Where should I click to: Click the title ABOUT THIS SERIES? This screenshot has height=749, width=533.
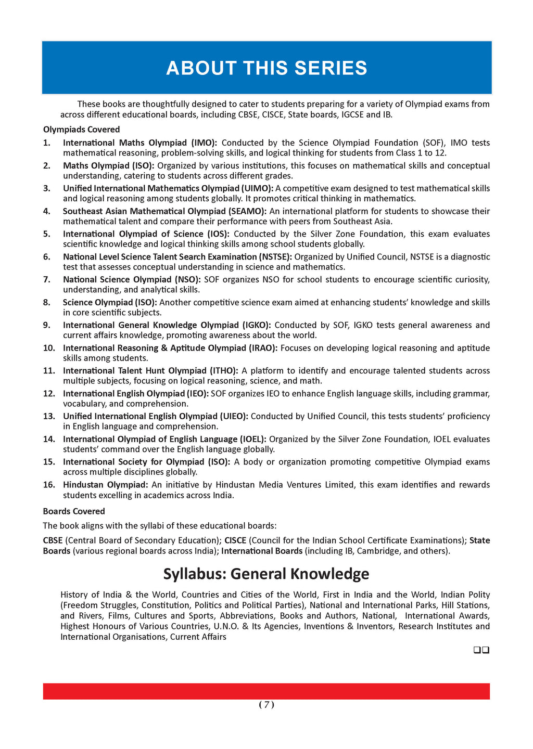click(x=266, y=68)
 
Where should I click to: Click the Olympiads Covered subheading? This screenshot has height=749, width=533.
click(x=81, y=130)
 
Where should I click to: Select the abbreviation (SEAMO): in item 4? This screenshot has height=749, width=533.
click(x=247, y=211)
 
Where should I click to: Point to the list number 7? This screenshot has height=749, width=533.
click(x=47, y=280)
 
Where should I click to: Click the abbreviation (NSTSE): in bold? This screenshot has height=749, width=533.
click(x=275, y=257)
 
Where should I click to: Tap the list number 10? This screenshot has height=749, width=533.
click(x=49, y=348)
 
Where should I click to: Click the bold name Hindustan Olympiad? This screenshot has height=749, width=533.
click(x=106, y=485)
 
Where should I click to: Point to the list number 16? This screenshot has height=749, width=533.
click(x=49, y=485)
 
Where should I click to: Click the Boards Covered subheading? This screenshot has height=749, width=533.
click(x=74, y=511)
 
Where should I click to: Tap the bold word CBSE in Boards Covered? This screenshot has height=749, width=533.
click(x=53, y=540)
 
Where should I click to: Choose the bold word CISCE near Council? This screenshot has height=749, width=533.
click(x=235, y=540)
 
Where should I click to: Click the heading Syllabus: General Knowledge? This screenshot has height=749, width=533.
click(x=266, y=574)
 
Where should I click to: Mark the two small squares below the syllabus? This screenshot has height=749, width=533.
click(x=481, y=650)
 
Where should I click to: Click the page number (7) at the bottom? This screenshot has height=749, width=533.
click(x=266, y=705)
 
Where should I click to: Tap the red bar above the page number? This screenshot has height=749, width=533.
click(x=266, y=691)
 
